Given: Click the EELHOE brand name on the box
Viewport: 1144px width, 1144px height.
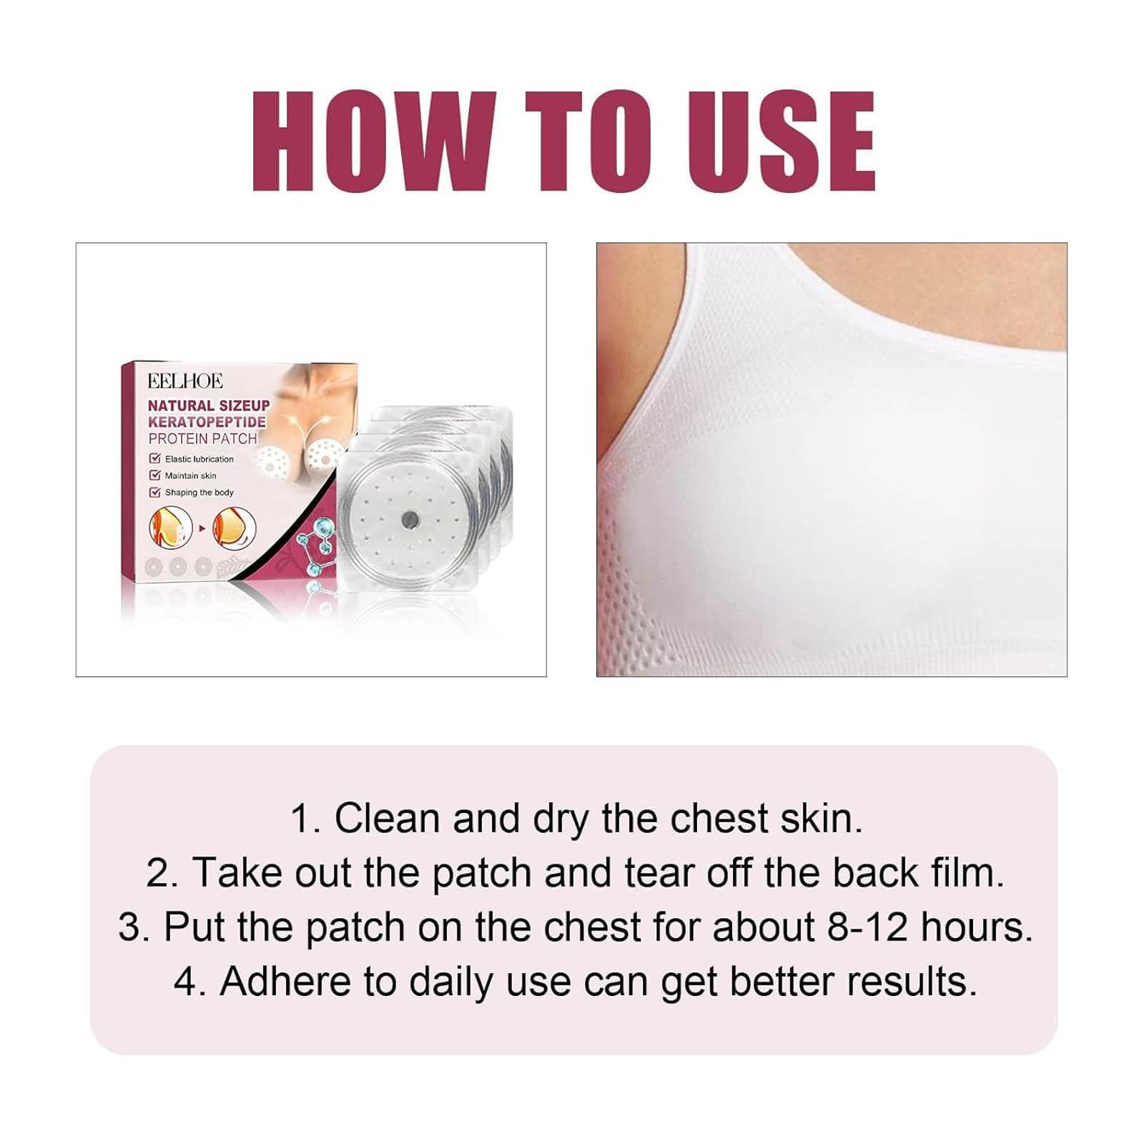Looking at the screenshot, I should pos(185,381).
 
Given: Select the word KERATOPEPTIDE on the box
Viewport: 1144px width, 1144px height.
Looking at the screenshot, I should pos(207,422).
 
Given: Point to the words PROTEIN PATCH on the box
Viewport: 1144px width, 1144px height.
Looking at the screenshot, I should pos(202,438).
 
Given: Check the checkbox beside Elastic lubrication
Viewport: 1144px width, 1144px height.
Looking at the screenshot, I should pos(154,458).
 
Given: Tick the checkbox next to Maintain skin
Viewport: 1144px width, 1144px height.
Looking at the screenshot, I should pos(154,475).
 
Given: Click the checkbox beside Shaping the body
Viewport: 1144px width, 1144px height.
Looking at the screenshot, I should pos(154,492).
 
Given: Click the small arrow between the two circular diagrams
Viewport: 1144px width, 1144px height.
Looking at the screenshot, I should pos(202,528).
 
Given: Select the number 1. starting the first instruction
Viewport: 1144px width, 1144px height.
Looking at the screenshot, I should pos(307,819).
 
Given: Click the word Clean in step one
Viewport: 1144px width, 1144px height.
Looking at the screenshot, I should pos(386,819).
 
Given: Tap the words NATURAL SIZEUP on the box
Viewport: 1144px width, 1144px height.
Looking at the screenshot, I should pos(209,405).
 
